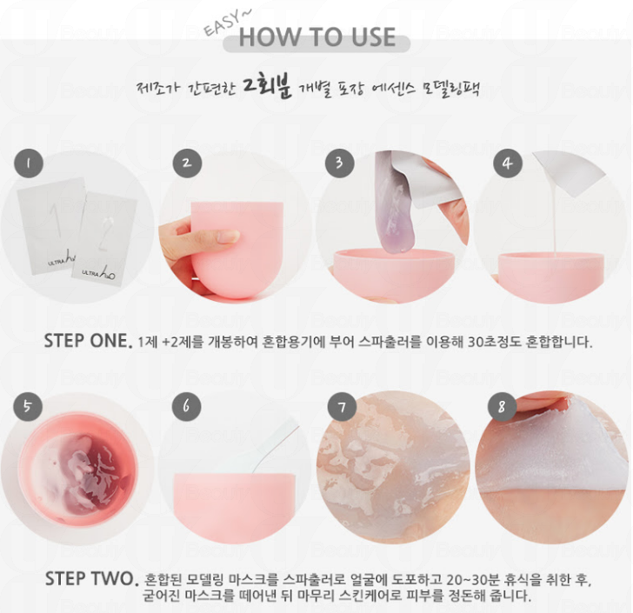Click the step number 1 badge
[29, 163]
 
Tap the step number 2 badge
[187, 163]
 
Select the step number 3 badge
[340, 163]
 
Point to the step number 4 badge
[508, 163]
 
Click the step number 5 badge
[28, 406]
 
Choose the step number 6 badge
[186, 406]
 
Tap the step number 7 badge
[342, 407]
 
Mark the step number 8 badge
[502, 407]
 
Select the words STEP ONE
[88, 341]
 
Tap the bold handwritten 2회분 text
[267, 85]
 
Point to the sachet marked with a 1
[49, 226]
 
